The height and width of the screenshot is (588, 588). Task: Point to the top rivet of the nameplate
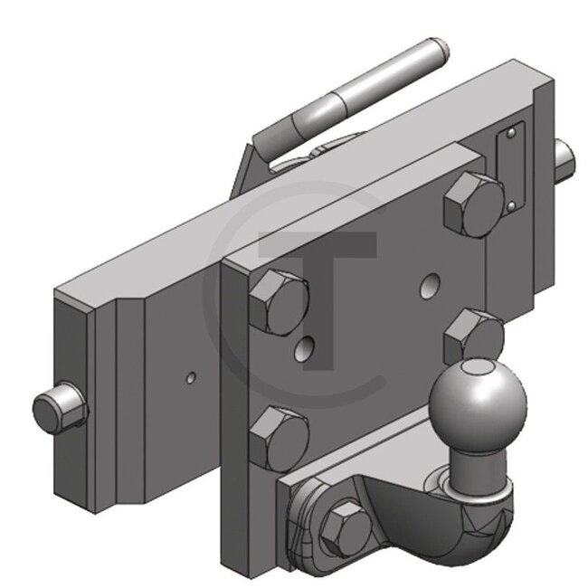[x=512, y=135]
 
